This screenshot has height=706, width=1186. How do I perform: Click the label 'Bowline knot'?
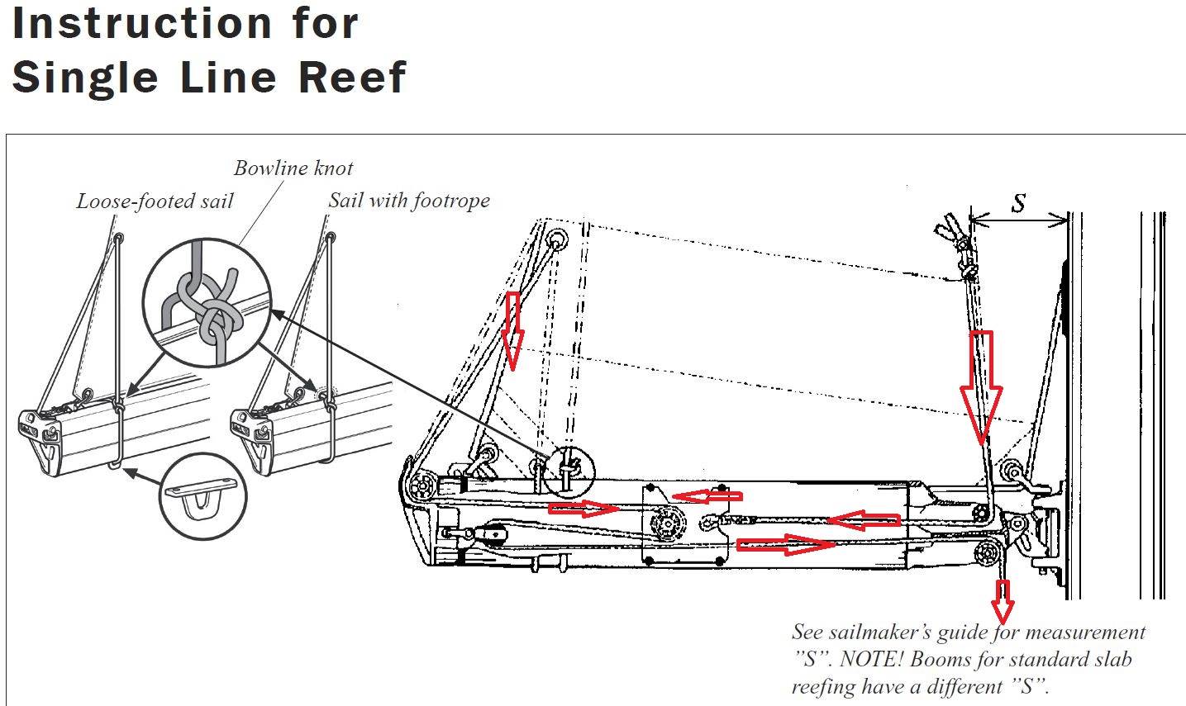[293, 168]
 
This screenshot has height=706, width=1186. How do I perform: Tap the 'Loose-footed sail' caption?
[155, 201]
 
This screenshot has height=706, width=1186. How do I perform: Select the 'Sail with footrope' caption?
[408, 200]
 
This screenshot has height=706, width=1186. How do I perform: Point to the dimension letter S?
[1019, 203]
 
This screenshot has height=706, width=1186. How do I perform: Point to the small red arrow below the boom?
[1003, 600]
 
